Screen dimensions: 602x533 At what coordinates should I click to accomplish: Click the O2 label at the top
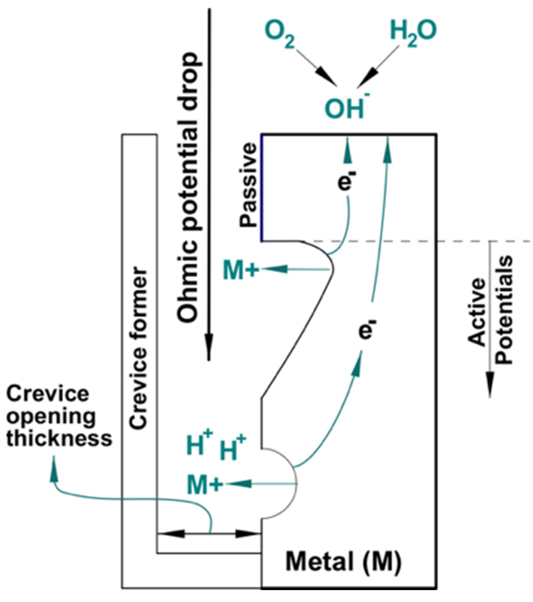(280, 34)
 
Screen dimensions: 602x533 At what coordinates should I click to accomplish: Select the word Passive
(249, 184)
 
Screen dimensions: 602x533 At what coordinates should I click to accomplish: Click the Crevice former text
(139, 348)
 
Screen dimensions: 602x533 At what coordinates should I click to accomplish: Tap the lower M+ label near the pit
(204, 484)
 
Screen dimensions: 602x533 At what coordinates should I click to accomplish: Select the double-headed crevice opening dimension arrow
(209, 534)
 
